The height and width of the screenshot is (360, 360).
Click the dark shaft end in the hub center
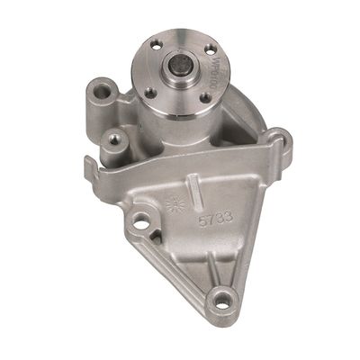pyautogui.click(x=179, y=67)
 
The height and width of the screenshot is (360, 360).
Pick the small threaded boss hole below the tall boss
pyautogui.click(x=113, y=137)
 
